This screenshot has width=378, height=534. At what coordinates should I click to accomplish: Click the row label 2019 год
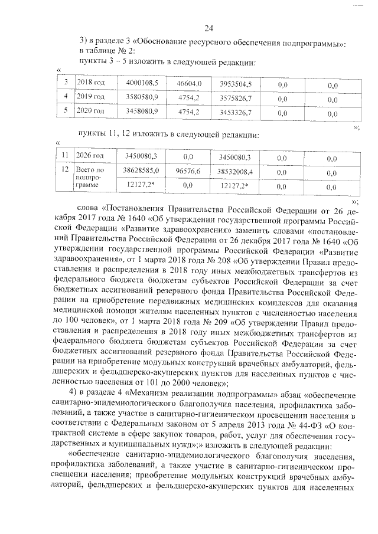[91, 97]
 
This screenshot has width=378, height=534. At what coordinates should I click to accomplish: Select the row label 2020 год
[91, 111]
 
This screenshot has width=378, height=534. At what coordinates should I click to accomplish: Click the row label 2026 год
[91, 156]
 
